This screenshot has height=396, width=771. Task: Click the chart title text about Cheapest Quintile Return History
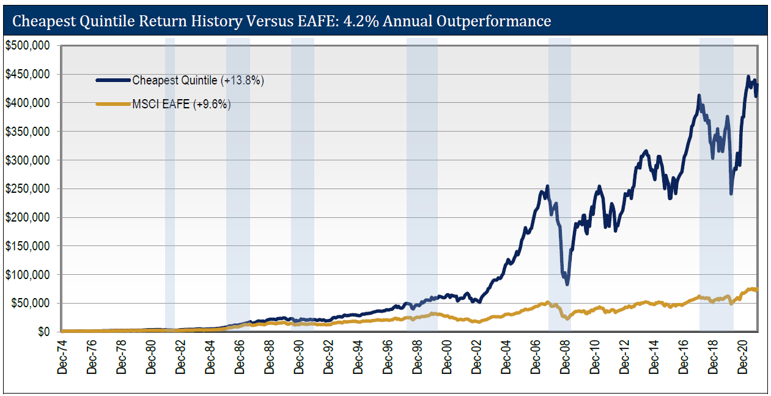pos(281,21)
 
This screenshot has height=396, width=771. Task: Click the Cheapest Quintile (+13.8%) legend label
pos(198,80)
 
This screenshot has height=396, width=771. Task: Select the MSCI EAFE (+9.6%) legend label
pos(181,104)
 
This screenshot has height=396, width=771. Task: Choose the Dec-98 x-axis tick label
pos(418,357)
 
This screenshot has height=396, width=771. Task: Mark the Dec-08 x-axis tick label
pos(565,357)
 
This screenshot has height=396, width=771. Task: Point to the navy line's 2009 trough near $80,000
pos(567,284)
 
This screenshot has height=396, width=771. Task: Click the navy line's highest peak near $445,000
pos(748,77)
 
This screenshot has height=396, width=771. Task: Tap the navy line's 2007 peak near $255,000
pos(547,186)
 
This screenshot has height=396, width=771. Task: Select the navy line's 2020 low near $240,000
pos(731,193)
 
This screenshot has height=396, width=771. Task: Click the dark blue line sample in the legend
pos(113,80)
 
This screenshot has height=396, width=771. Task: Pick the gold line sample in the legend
pos(113,104)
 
